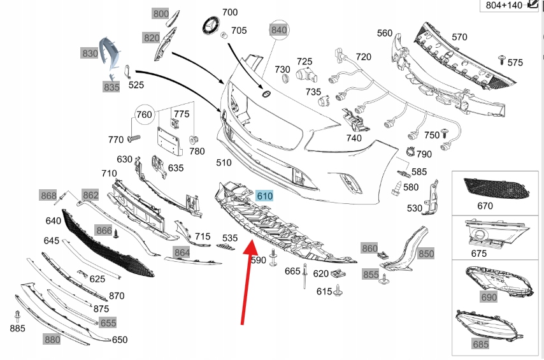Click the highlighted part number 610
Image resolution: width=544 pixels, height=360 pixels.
click(264, 196)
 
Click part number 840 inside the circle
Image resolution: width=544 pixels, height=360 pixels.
click(279, 30)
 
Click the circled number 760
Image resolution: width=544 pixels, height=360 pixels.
click(144, 114)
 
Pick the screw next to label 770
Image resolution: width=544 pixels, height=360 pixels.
click(134, 138)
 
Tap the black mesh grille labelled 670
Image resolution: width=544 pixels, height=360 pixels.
click(496, 188)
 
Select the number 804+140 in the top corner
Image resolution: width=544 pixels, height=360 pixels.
click(504, 5)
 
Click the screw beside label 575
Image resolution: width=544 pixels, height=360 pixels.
click(502, 59)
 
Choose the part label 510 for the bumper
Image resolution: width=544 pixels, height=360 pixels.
click(224, 162)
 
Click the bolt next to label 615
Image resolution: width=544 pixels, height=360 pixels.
click(338, 291)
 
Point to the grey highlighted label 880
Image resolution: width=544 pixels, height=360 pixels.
click(52, 339)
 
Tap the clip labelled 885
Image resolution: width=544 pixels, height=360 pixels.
click(17, 317)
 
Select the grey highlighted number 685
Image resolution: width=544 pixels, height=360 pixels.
click(480, 344)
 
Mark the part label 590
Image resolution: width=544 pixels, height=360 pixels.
click(258, 260)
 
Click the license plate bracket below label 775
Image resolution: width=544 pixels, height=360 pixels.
click(169, 141)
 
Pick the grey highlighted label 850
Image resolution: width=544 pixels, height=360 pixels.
click(426, 254)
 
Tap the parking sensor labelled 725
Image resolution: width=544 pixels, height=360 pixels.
click(306, 75)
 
